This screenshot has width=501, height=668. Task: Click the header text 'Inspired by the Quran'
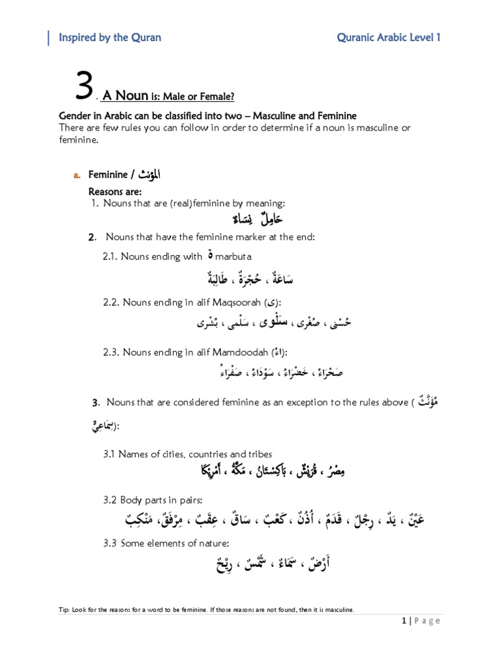click(110, 37)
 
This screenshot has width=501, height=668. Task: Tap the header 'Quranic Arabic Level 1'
click(389, 37)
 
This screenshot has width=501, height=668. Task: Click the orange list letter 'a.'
click(76, 175)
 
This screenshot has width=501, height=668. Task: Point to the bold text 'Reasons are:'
click(115, 192)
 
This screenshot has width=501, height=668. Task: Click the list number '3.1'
click(109, 453)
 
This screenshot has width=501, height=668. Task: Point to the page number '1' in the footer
click(404, 620)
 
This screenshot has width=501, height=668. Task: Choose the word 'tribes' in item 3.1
click(259, 453)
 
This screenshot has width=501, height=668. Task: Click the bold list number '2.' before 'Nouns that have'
click(93, 237)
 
